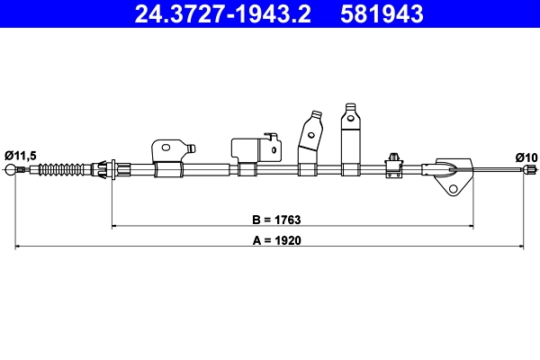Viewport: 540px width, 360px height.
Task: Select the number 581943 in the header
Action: click(x=381, y=13)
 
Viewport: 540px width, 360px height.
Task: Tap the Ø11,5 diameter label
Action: click(x=20, y=156)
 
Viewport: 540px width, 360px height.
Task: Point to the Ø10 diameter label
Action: click(x=526, y=157)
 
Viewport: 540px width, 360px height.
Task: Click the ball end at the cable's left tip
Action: click(x=11, y=170)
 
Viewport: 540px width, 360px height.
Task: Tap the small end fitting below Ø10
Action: click(x=532, y=169)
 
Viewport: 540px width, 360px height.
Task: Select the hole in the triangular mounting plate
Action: click(x=454, y=189)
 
